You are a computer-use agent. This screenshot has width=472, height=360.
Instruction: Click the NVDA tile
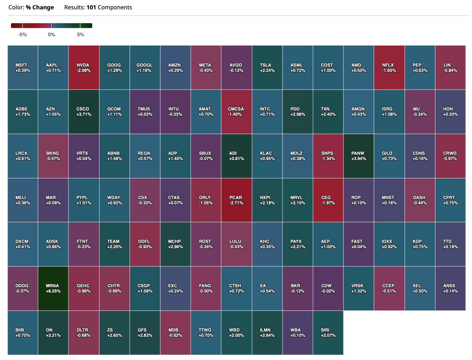tap(84, 67)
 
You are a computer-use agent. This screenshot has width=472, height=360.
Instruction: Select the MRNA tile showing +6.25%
tap(53, 288)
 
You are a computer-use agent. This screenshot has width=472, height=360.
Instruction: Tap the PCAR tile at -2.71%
tap(236, 200)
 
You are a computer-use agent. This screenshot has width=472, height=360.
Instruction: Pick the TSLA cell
tap(267, 67)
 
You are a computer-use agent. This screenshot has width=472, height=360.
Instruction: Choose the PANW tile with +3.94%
tap(359, 156)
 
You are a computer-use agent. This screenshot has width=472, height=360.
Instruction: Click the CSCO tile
tap(84, 111)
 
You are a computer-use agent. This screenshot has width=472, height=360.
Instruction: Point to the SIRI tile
tap(328, 332)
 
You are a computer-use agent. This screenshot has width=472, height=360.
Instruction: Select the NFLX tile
tap(389, 67)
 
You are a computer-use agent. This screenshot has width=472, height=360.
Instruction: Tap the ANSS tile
tap(450, 288)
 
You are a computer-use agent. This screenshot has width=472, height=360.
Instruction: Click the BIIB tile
tap(23, 332)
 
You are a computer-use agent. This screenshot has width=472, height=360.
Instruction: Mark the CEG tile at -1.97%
tap(328, 200)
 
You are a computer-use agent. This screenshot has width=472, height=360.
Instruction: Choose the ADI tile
tap(236, 156)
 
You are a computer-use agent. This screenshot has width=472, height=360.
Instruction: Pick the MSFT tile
tap(23, 67)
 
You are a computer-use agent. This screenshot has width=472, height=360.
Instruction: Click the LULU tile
tap(236, 244)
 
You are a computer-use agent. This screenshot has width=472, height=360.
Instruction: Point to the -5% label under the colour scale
tap(22, 35)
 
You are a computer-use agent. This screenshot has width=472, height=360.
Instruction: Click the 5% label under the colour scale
tap(80, 35)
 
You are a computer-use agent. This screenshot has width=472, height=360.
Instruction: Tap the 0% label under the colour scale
tap(52, 35)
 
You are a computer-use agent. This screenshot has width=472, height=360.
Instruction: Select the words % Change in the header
tap(40, 7)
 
